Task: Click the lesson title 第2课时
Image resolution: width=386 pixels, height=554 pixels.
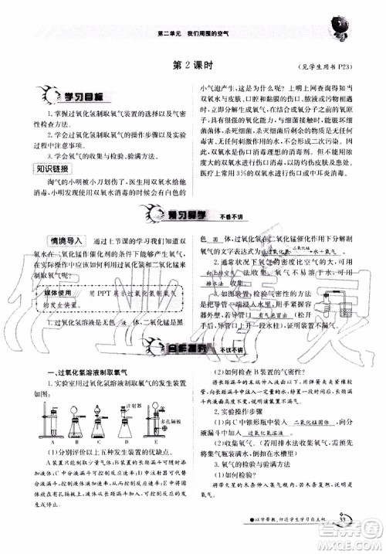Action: (192, 66)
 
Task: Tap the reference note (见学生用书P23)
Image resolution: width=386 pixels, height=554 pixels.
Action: (324, 67)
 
